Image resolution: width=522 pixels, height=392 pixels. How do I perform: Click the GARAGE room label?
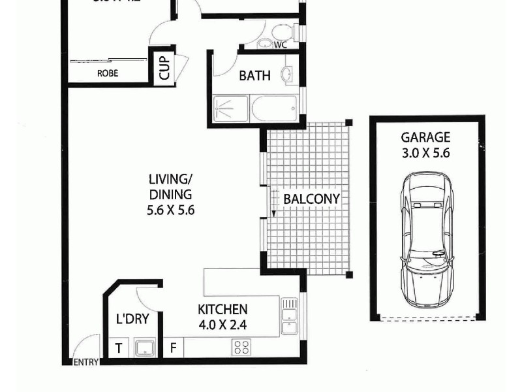(425, 137)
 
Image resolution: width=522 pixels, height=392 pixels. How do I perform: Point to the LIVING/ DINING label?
(171, 186)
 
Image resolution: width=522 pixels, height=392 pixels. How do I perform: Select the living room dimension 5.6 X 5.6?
(171, 210)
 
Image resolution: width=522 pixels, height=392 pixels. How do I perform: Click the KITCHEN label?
(223, 309)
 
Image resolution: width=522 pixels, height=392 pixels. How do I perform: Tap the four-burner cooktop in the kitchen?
(241, 348)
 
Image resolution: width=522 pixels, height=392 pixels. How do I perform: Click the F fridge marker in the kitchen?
(173, 348)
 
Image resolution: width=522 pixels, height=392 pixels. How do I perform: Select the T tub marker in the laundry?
(119, 348)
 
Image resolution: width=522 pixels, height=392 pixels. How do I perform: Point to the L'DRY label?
(132, 319)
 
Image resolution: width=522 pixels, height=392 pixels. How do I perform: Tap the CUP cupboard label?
(164, 68)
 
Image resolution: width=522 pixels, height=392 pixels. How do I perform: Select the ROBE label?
(108, 74)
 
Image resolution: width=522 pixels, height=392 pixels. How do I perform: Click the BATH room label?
(254, 76)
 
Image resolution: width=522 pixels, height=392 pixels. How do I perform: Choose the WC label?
(281, 45)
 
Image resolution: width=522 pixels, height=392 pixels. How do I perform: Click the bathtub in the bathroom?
(274, 108)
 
